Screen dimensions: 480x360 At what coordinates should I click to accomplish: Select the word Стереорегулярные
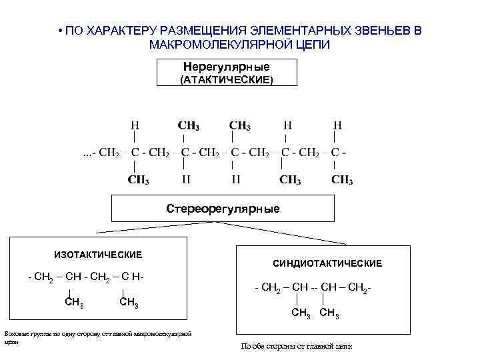click(223, 209)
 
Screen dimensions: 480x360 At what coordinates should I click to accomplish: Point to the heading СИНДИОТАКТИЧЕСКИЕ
click(327, 264)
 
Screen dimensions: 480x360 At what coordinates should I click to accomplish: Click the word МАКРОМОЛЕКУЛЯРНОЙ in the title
click(212, 44)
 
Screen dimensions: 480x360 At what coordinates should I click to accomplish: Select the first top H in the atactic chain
click(135, 125)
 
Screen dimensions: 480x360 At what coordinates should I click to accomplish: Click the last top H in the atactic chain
click(338, 125)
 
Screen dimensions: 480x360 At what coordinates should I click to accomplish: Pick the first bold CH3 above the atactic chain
click(188, 125)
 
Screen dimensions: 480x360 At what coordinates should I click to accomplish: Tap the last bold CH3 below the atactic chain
click(342, 179)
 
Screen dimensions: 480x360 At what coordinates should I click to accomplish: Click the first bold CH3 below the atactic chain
click(138, 179)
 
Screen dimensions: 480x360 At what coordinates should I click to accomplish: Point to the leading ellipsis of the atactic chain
click(86, 153)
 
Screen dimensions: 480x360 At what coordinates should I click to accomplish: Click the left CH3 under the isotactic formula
click(74, 303)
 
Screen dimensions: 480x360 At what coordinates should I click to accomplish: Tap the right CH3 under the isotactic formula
click(128, 303)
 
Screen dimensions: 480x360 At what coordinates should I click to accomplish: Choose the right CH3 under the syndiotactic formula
click(329, 314)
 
